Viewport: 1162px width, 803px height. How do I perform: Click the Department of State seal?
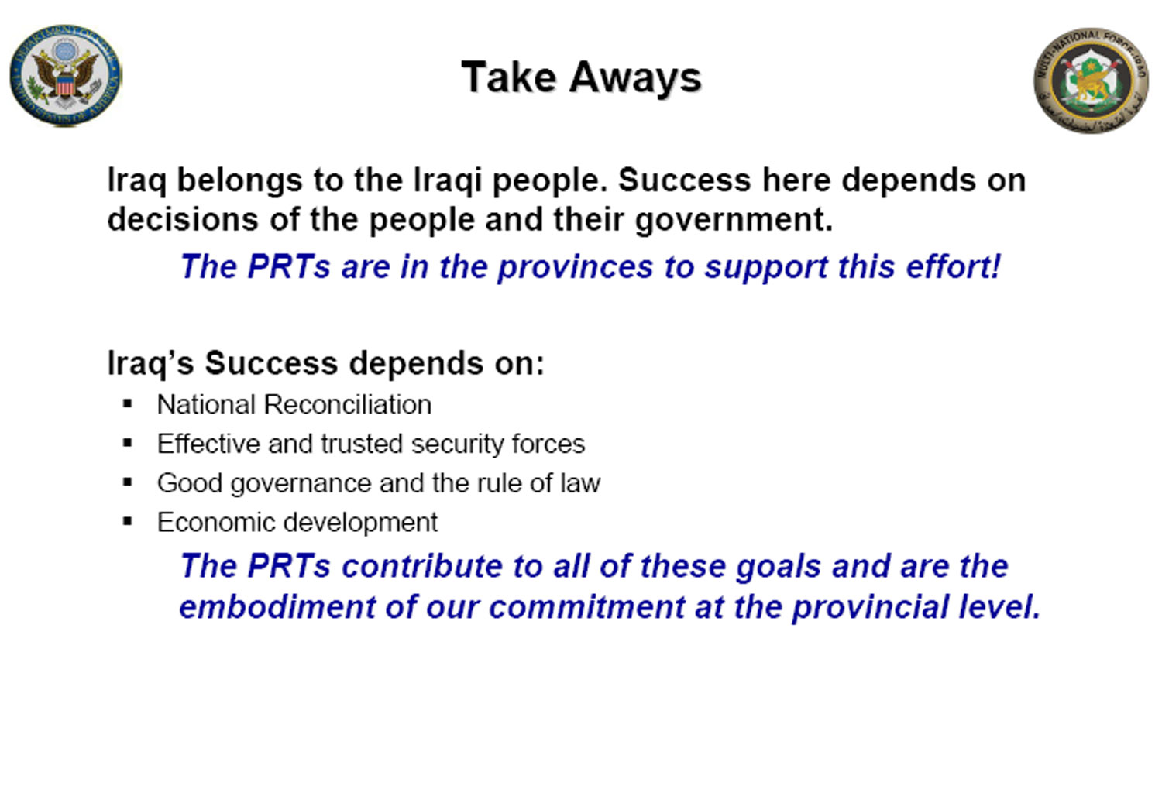pyautogui.click(x=66, y=76)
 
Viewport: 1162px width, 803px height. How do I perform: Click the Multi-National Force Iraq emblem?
pyautogui.click(x=1091, y=81)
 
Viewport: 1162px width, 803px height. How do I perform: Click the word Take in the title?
pyautogui.click(x=509, y=77)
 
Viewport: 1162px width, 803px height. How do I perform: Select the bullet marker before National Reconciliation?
pyautogui.click(x=128, y=403)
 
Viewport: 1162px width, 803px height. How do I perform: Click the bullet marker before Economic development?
pyautogui.click(x=128, y=521)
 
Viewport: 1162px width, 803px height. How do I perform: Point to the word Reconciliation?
pyautogui.click(x=348, y=404)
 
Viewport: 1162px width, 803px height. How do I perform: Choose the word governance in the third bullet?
pyautogui.click(x=301, y=484)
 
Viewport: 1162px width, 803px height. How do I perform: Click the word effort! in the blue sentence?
pyautogui.click(x=953, y=266)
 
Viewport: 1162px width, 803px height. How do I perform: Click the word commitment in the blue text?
pyautogui.click(x=586, y=607)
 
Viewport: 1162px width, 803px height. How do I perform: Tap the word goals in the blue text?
pyautogui.click(x=778, y=567)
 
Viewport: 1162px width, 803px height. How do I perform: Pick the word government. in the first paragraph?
pyautogui.click(x=734, y=220)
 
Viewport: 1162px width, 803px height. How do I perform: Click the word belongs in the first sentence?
pyautogui.click(x=239, y=181)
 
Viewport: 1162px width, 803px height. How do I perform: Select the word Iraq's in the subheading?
pyautogui.click(x=150, y=363)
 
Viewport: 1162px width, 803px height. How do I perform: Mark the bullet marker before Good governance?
pyautogui.click(x=128, y=482)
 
